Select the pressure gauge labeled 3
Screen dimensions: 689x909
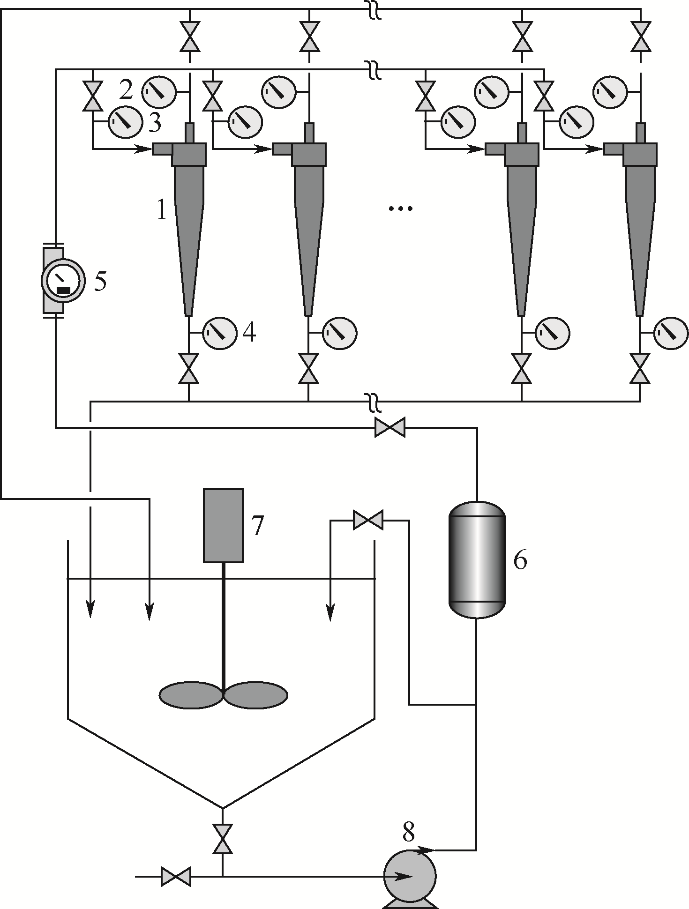(125, 123)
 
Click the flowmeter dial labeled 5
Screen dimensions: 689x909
(63, 280)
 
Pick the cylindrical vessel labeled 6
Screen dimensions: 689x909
(477, 560)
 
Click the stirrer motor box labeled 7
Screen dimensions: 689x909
(223, 525)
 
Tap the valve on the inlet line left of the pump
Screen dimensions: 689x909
(176, 876)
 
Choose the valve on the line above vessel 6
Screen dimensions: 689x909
(390, 427)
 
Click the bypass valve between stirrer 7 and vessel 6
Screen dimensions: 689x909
(368, 520)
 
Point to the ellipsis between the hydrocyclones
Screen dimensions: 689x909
(401, 209)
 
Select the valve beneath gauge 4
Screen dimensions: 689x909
(189, 368)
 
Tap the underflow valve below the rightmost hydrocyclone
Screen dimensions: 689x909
(640, 368)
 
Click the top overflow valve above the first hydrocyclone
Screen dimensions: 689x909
(190, 36)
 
